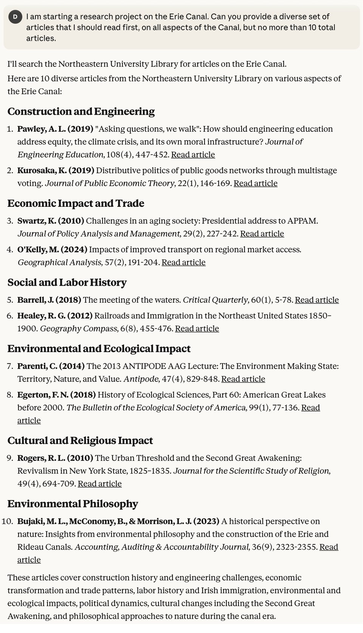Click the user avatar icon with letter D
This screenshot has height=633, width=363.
tap(16, 17)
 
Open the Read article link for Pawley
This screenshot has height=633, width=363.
tap(193, 155)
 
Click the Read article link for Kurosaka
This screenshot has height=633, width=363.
tap(256, 183)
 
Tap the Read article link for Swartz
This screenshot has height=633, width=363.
tap(262, 234)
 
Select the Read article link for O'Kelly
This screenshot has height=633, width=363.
tap(183, 262)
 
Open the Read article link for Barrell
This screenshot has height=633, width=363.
tap(317, 300)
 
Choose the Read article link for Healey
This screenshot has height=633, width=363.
tap(197, 329)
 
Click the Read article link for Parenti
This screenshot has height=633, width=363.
tap(243, 379)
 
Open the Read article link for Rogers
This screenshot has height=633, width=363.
tap(100, 484)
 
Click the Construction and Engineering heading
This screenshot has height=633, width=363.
tap(81, 111)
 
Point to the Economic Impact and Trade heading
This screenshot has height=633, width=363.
tap(76, 203)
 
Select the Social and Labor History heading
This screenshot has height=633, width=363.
tap(67, 282)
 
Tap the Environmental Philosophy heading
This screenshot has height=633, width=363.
tap(73, 504)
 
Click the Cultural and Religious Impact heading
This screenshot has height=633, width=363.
tap(80, 440)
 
